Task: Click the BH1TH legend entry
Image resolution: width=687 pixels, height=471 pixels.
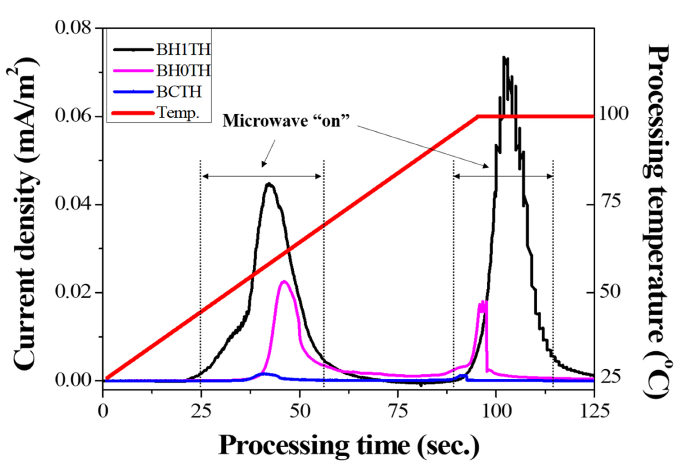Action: [183, 49]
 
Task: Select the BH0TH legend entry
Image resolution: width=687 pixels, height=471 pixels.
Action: [183, 71]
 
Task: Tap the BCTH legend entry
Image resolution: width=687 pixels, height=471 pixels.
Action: [179, 92]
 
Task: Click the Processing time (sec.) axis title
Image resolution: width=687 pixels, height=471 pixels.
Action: [349, 446]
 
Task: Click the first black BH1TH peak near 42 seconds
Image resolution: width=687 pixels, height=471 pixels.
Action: [269, 184]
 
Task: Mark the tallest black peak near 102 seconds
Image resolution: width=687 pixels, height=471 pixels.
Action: [504, 57]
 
